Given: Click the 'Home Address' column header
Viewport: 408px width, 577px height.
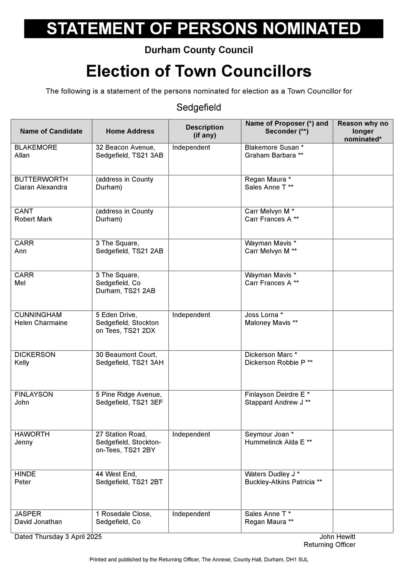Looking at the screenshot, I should tap(130, 131).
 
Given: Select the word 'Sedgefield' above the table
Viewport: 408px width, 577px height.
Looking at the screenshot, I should tap(199, 107).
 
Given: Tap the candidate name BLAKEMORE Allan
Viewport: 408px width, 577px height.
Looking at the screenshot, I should tap(36, 151).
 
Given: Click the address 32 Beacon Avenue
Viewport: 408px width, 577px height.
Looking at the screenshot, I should tap(125, 147).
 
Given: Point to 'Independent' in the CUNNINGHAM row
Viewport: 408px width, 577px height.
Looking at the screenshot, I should tap(191, 315).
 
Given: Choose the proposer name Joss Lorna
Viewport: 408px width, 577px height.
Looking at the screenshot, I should tap(261, 315).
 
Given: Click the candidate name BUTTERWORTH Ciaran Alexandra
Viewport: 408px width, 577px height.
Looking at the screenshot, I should tap(41, 183).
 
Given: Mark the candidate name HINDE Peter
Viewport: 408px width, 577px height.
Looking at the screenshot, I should tap(25, 478).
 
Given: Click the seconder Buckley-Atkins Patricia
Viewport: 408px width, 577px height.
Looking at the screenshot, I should tap(280, 482).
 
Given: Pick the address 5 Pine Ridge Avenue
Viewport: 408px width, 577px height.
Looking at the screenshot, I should tap(128, 395).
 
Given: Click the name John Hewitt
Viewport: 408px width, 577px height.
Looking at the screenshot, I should tap(337, 537).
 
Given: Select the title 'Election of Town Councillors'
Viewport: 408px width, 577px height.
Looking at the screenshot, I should tap(199, 71).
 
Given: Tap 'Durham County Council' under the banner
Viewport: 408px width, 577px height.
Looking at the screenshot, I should tap(199, 50).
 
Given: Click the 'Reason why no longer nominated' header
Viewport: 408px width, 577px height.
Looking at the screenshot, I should tap(363, 131).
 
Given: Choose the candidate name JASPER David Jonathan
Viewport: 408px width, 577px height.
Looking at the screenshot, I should tap(38, 518).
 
